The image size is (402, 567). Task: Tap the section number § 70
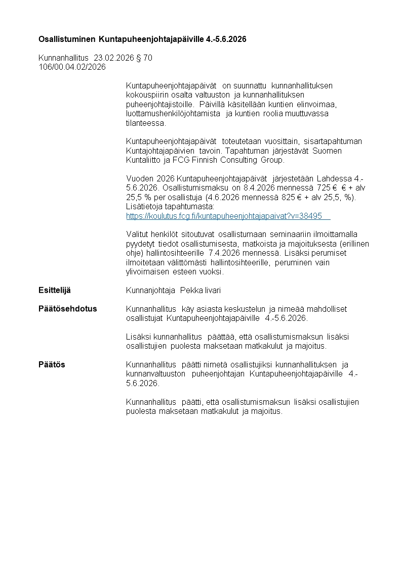(144, 58)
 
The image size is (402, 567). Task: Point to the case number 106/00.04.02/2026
(72, 67)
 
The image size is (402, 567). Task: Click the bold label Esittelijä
(55, 290)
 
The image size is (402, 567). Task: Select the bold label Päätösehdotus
(67, 309)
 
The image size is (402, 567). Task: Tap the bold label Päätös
(52, 364)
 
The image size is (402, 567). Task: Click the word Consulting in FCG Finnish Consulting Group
(238, 160)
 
